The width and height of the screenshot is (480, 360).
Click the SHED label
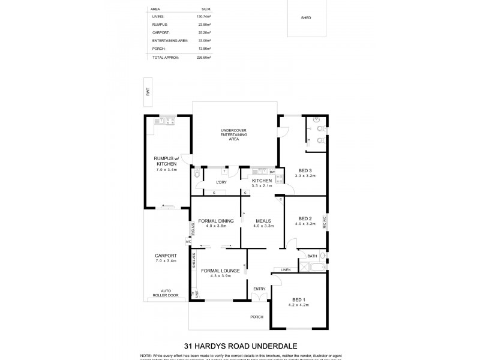[x=306, y=18]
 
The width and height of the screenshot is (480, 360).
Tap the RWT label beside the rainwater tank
[x=147, y=91]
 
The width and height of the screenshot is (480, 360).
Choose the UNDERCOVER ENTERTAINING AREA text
[x=234, y=134]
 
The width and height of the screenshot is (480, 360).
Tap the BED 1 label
[x=298, y=299]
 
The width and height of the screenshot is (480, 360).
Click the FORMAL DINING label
[x=217, y=220]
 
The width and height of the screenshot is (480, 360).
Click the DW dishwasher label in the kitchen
[x=272, y=173]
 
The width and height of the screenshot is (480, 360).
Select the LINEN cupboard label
[x=286, y=269]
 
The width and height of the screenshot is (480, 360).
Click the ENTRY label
[x=259, y=289]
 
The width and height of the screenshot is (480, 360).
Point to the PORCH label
[x=257, y=317]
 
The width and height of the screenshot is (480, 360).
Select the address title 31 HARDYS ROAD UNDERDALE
[x=239, y=345]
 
